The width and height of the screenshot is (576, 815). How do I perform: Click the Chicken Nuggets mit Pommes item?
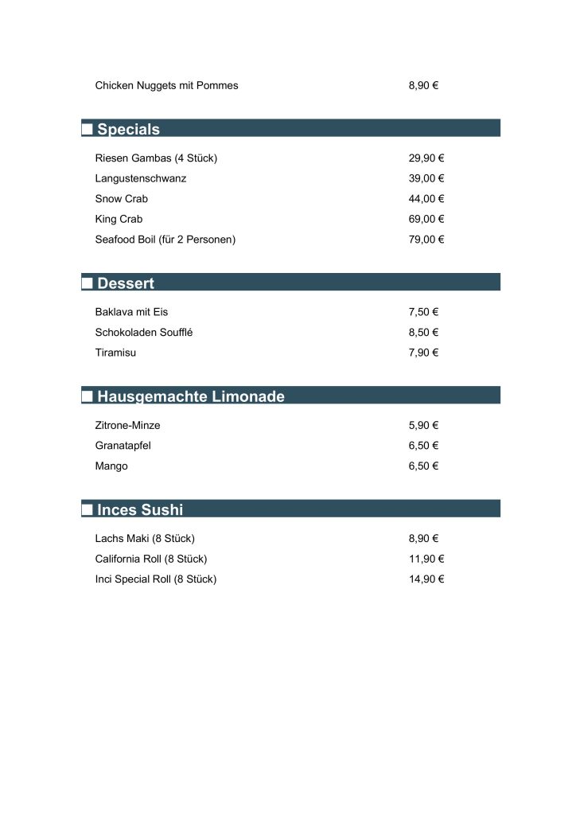point(166,85)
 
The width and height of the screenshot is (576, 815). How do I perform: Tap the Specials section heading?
point(128,129)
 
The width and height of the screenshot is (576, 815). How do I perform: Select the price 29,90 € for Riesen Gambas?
point(426,158)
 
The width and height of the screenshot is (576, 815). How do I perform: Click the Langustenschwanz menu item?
point(140,178)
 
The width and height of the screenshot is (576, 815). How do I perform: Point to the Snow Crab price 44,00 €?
point(426,199)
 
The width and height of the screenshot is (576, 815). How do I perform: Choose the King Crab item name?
point(119,219)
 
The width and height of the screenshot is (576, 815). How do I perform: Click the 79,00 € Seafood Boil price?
point(426,240)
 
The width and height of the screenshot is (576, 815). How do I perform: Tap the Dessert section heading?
point(125,283)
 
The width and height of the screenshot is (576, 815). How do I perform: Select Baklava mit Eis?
point(131,312)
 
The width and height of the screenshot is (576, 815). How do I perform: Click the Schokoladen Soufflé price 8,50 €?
point(423,333)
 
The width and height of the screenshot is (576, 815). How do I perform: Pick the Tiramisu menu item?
point(115,353)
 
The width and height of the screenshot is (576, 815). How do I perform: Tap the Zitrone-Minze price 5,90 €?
point(423,426)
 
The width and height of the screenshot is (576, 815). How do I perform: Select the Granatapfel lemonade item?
point(123,446)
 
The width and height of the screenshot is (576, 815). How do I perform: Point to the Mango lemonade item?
point(111,466)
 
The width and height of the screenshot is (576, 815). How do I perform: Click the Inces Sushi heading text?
point(139,509)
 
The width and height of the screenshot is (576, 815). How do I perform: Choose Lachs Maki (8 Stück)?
point(145,539)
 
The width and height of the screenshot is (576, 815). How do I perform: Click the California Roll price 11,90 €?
point(426,559)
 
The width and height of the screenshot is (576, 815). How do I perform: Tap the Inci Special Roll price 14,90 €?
point(426,579)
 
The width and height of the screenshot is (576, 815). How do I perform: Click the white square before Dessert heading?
point(88,283)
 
